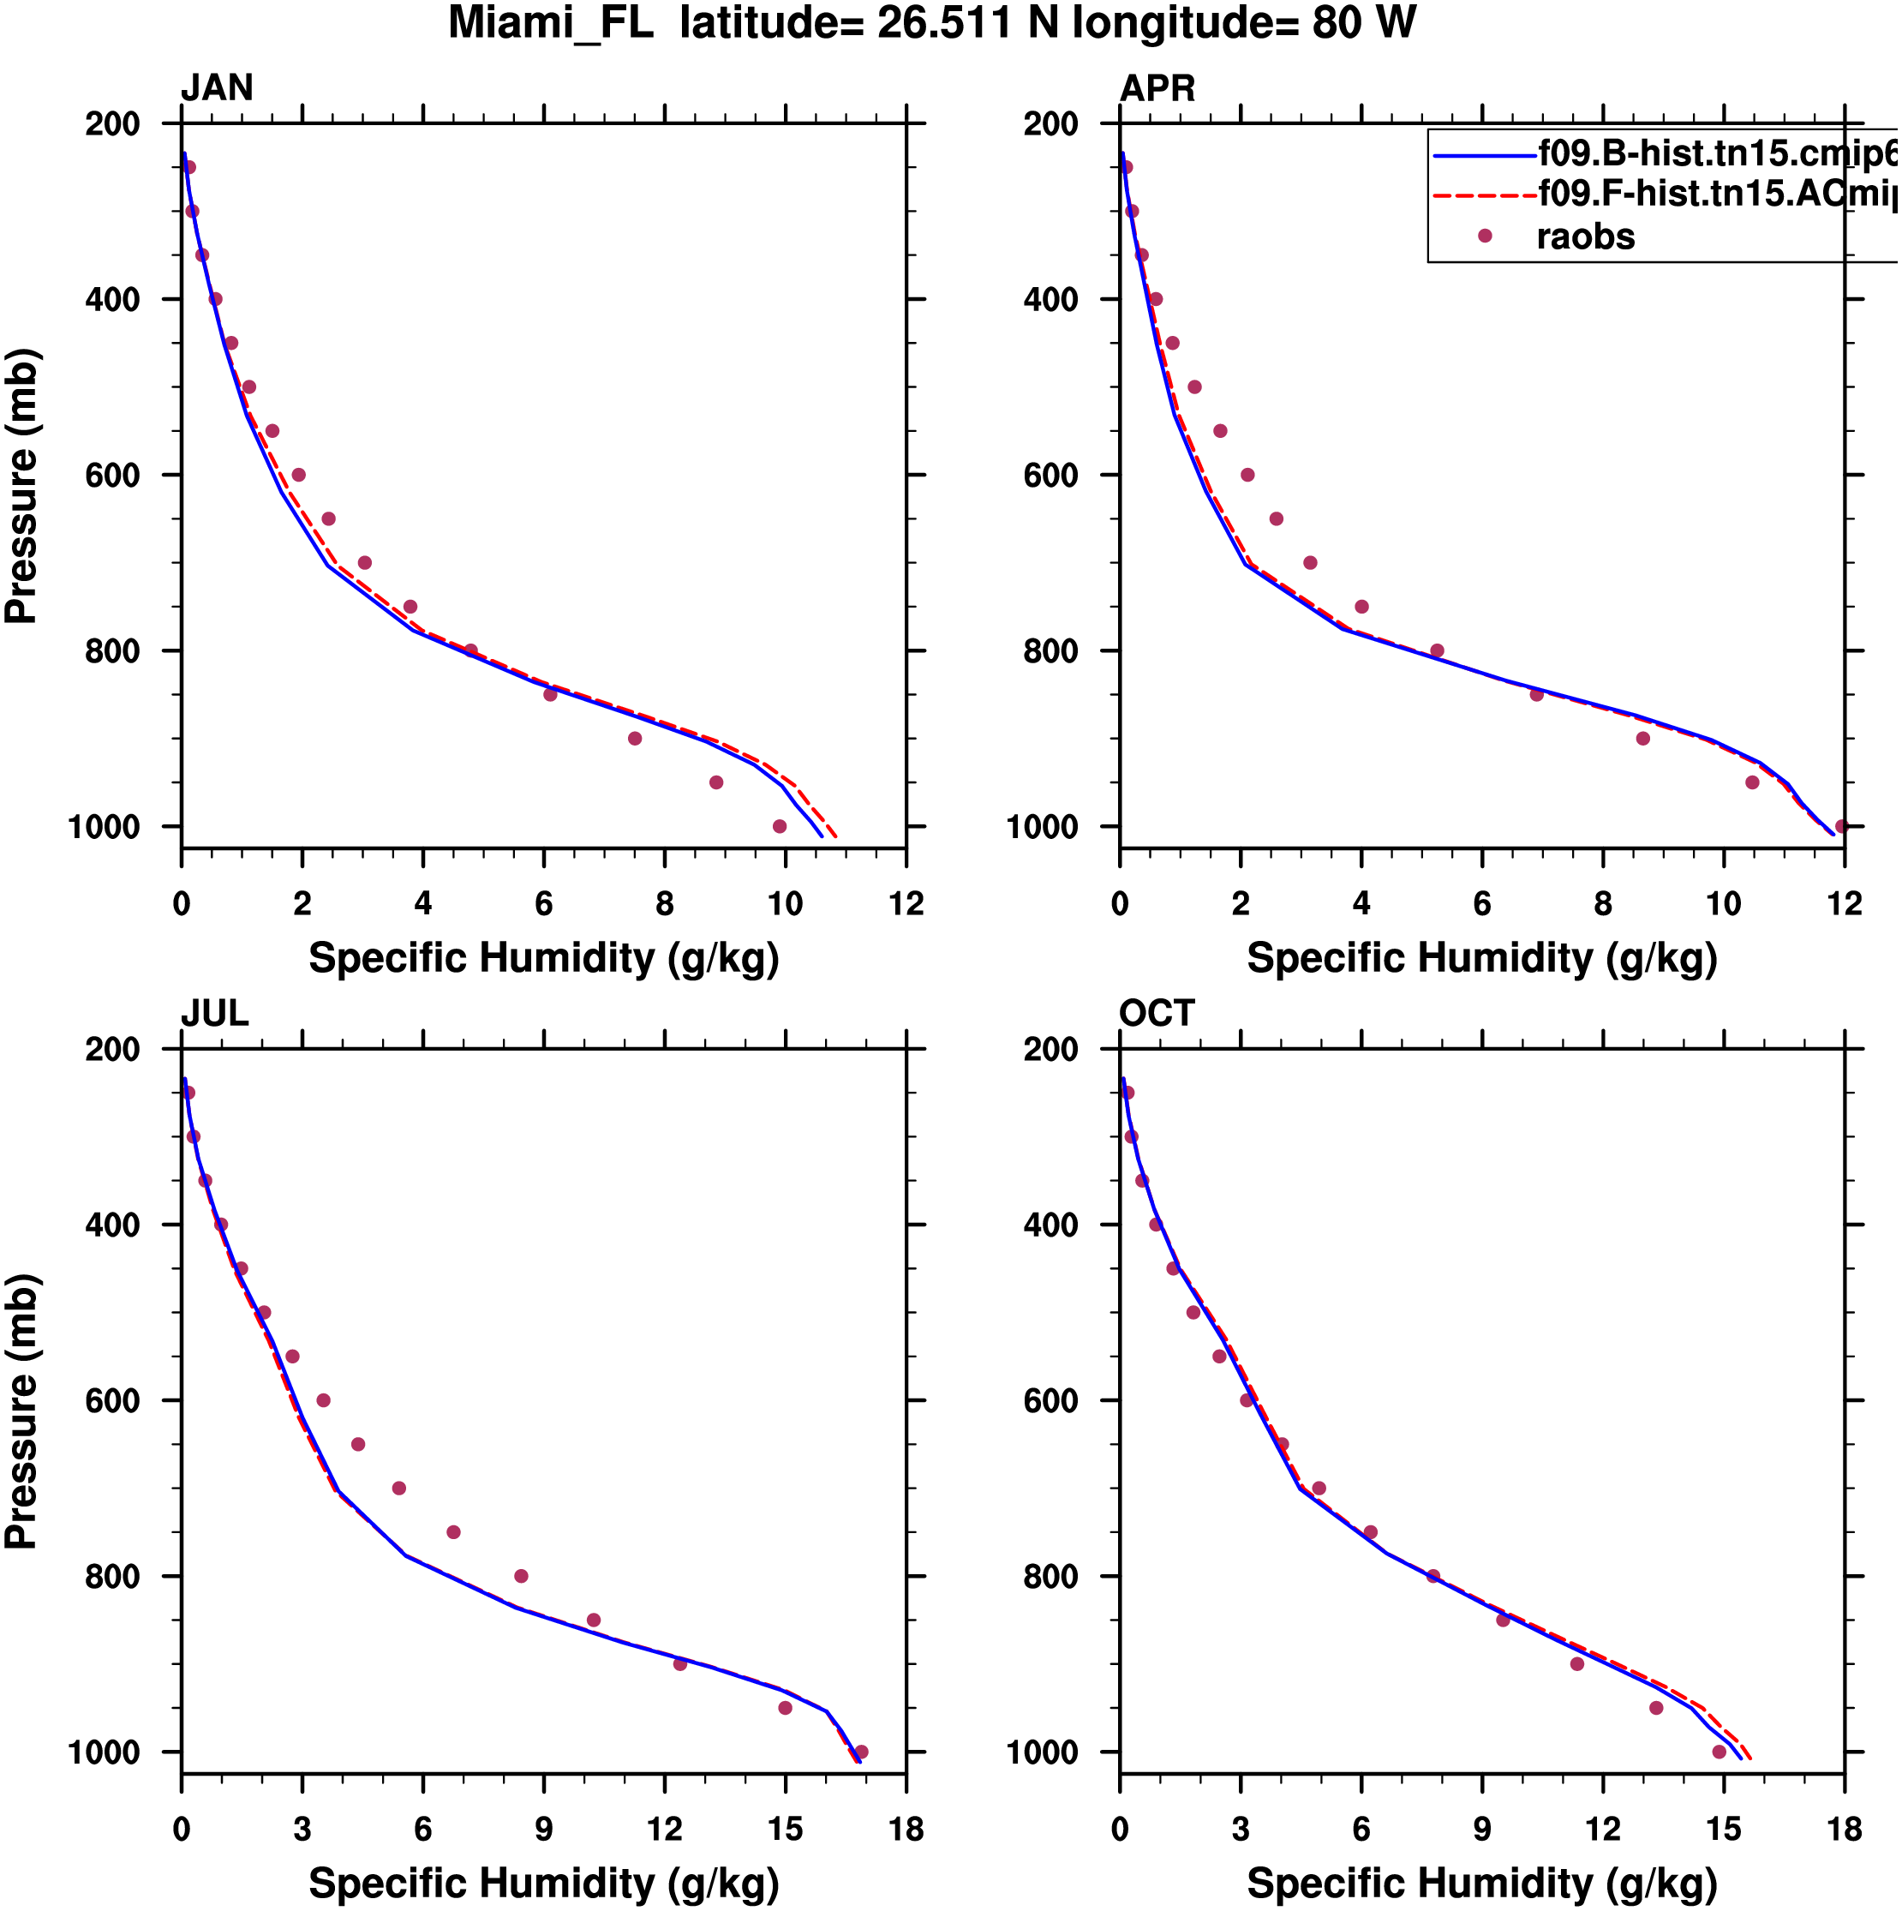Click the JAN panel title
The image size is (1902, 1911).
[x=217, y=89]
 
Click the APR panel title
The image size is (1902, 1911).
[x=1157, y=89]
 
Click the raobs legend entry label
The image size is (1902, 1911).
[x=1586, y=237]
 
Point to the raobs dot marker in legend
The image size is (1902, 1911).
[x=1485, y=237]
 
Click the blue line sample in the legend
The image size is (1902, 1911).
[x=1484, y=156]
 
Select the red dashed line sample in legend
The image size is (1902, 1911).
[x=1484, y=196]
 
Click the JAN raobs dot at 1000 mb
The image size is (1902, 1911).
[x=780, y=827]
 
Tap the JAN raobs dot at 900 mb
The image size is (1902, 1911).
[x=635, y=739]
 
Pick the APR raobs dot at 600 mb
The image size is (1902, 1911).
[x=1247, y=476]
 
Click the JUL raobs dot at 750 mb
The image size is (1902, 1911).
[x=454, y=1533]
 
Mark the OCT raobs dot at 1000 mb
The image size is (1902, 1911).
[x=1719, y=1752]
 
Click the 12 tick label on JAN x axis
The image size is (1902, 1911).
[x=906, y=904]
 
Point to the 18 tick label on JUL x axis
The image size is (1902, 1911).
[x=906, y=1830]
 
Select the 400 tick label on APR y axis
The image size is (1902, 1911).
[x=1050, y=300]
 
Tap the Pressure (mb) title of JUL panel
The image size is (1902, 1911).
[x=21, y=1412]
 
